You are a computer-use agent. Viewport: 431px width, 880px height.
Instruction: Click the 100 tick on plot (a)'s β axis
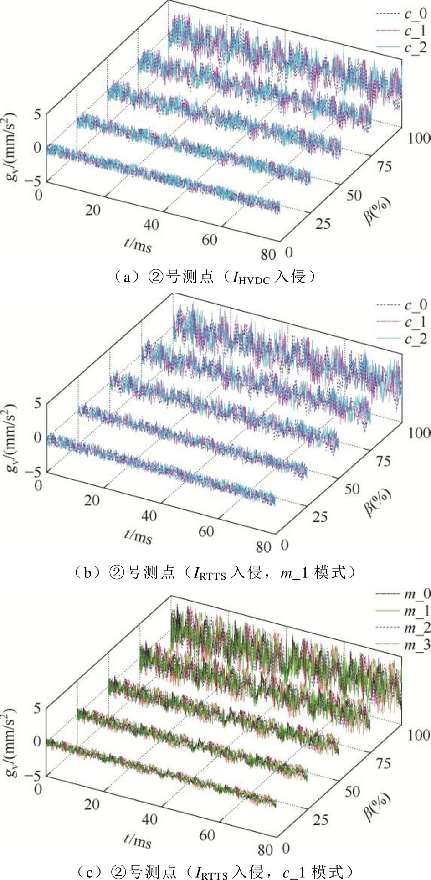418,138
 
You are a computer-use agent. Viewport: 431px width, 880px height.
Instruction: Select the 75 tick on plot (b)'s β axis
384,461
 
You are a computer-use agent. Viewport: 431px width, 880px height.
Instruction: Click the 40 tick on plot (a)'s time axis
151,225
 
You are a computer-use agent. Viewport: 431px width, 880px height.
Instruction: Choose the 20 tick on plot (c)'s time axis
92,803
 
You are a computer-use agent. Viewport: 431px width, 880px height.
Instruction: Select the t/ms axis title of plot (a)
137,244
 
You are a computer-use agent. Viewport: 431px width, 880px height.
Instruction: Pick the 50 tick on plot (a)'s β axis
354,196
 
